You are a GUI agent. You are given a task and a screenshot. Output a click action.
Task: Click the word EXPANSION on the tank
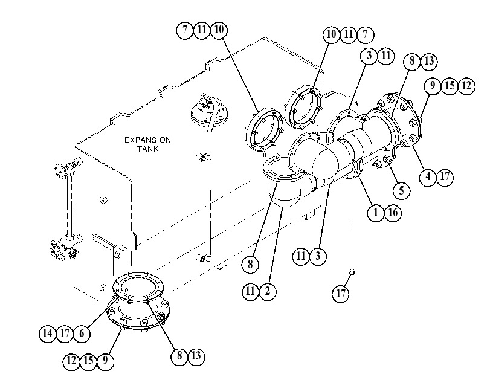click(147, 140)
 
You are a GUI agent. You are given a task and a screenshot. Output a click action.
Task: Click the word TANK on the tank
click(148, 149)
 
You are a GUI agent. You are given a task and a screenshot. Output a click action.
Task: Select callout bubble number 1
click(376, 213)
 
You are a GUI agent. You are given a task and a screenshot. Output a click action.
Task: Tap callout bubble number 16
click(393, 213)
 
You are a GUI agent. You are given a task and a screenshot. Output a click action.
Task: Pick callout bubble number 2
click(268, 291)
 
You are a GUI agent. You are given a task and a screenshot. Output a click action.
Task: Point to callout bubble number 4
click(428, 177)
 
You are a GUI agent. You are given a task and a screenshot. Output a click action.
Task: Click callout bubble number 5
click(401, 190)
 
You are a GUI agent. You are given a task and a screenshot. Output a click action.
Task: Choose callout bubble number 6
click(82, 333)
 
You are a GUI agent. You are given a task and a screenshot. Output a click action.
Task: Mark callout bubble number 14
click(48, 333)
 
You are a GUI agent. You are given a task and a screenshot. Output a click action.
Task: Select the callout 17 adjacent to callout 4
click(445, 177)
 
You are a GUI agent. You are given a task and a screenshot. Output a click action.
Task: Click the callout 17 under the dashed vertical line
click(341, 293)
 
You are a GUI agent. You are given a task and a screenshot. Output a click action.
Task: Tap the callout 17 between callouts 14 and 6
click(65, 333)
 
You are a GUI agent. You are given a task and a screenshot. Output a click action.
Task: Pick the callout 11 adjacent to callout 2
click(250, 291)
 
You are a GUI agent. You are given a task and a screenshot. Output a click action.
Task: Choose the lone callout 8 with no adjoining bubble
click(250, 265)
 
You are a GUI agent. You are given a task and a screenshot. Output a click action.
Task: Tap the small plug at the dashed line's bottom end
click(352, 272)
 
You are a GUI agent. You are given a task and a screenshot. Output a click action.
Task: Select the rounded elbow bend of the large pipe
click(325, 159)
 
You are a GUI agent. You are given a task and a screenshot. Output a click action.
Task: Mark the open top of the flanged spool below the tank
click(138, 286)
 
